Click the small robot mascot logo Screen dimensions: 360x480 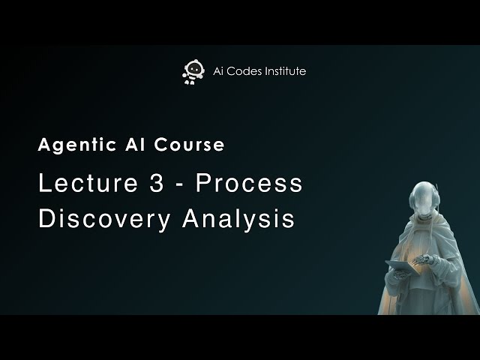click(x=191, y=71)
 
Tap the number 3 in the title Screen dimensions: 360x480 click(x=149, y=184)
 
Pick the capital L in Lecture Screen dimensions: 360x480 click(x=44, y=184)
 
